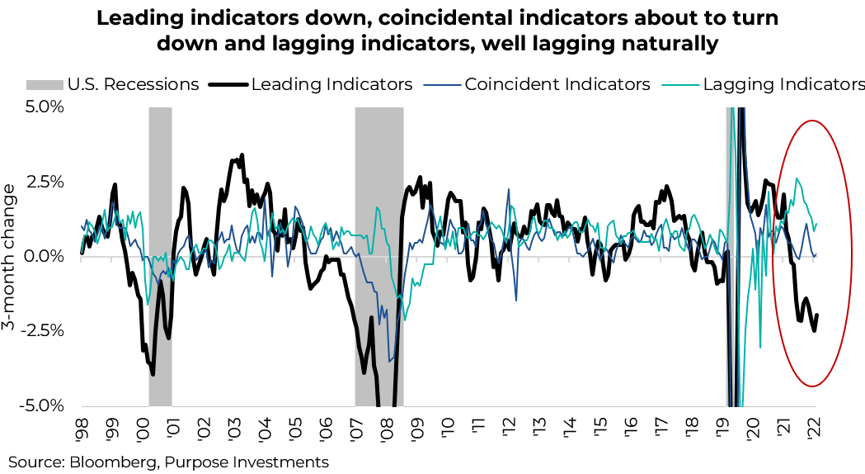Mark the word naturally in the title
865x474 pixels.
click(x=660, y=44)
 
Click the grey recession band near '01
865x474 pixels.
click(x=160, y=256)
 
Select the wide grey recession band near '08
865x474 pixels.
click(x=379, y=256)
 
